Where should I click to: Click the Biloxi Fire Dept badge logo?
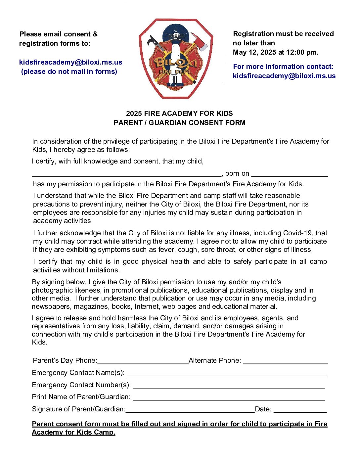click(175, 59)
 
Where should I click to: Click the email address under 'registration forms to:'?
click(70, 62)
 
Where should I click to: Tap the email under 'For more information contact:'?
click(284, 76)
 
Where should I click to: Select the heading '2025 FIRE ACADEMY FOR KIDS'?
click(179, 114)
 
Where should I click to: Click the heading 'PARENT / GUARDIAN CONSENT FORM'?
click(179, 123)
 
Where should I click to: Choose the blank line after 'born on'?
click(290, 174)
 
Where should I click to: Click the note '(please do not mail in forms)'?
click(69, 71)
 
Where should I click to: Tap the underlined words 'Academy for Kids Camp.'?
click(73, 432)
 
